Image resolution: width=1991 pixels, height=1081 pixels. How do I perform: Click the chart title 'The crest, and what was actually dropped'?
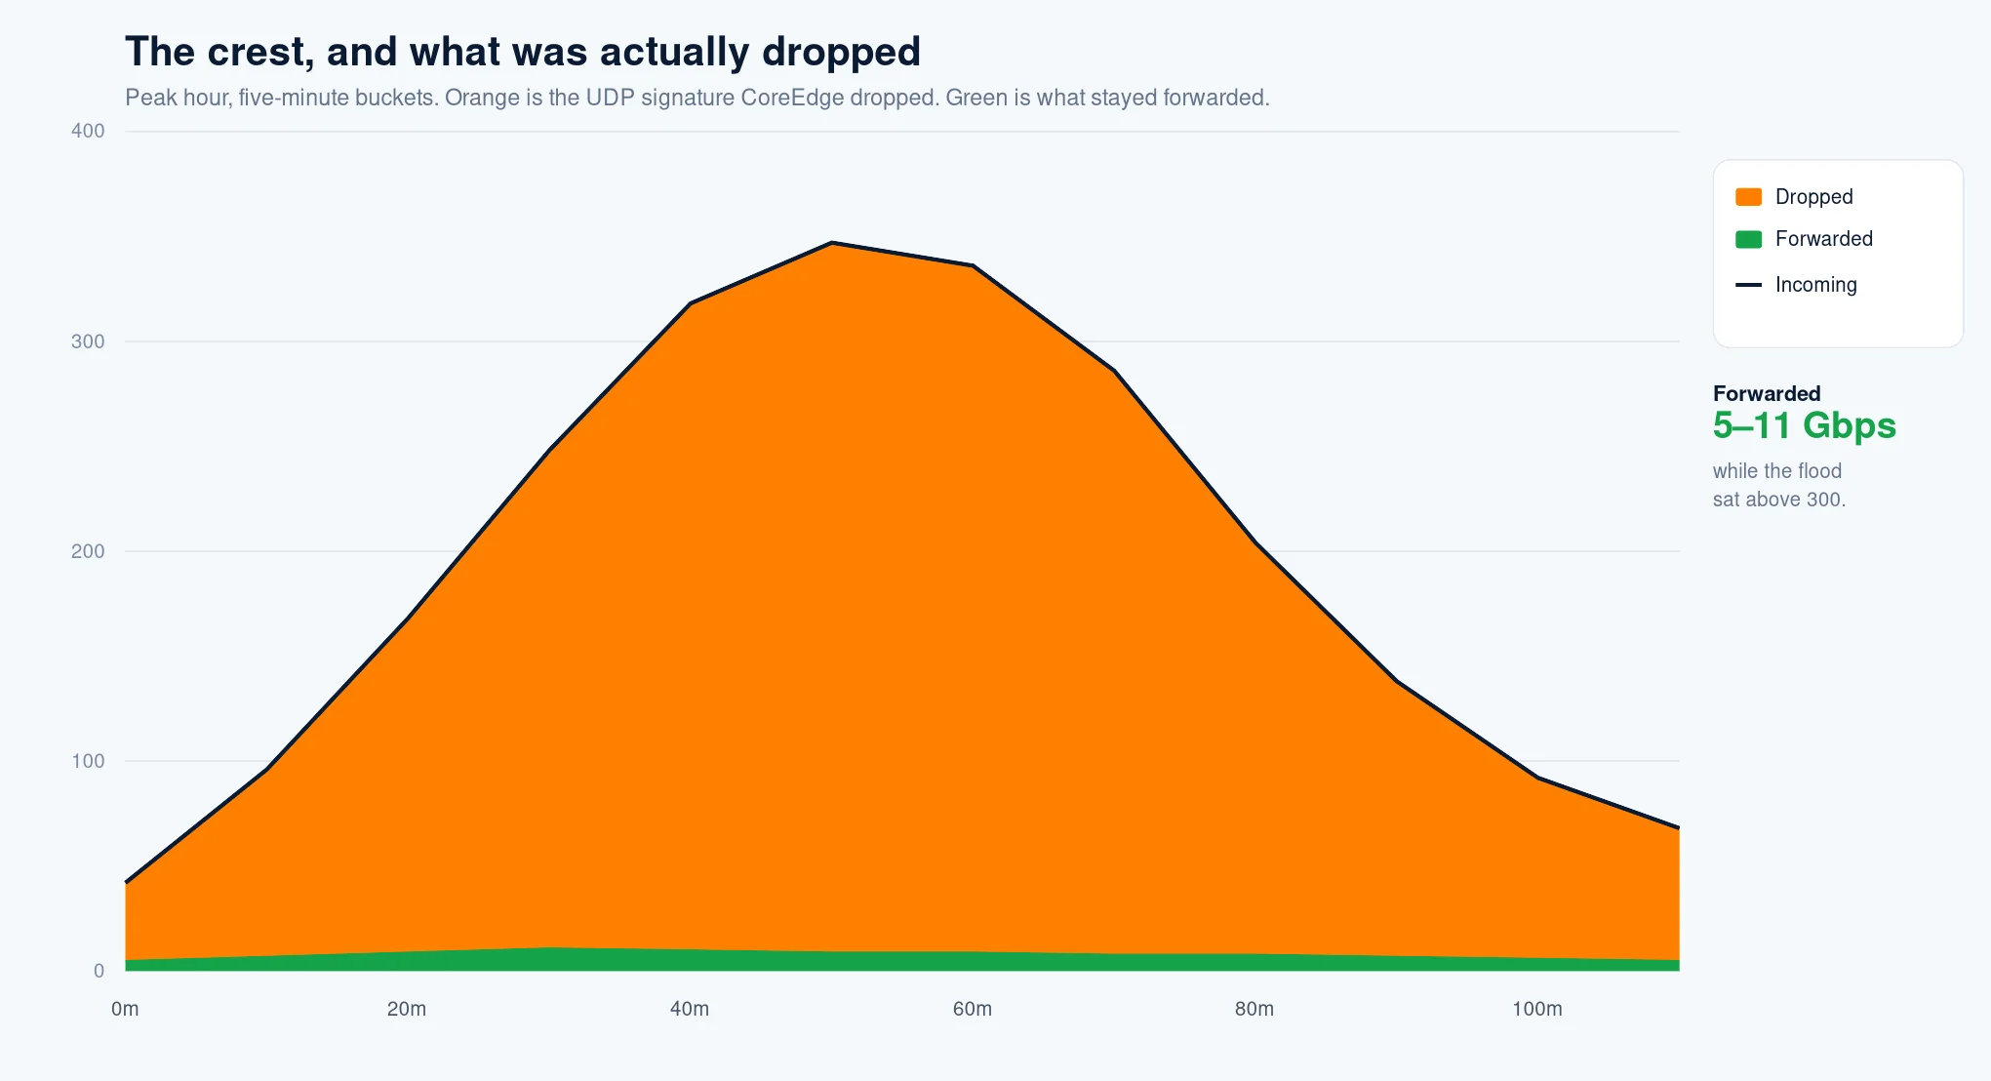(523, 53)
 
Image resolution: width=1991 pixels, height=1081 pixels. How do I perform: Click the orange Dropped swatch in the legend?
(1748, 197)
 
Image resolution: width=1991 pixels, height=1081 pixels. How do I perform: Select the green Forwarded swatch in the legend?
(1748, 239)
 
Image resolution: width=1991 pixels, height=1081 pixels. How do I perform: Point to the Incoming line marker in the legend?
(1748, 285)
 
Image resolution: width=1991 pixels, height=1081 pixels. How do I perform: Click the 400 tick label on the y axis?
(88, 131)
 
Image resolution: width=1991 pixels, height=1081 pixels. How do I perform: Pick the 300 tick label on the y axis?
(88, 341)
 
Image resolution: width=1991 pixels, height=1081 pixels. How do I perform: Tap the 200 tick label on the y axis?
(88, 551)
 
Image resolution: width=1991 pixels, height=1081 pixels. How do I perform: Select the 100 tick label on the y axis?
(88, 761)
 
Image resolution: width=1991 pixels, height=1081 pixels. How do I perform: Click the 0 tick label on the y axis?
(99, 971)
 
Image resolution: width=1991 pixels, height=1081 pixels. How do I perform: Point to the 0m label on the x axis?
(125, 1009)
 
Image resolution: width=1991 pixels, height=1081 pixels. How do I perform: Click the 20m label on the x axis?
(407, 1009)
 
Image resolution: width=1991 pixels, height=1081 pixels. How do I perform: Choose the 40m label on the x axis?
(690, 1009)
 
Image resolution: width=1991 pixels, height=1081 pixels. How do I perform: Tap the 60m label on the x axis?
(973, 1009)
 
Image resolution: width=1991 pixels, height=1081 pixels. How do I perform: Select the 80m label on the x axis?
(1254, 1009)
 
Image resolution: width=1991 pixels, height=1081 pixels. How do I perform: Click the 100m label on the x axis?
(1537, 1009)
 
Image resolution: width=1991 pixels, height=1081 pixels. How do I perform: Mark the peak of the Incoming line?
(831, 242)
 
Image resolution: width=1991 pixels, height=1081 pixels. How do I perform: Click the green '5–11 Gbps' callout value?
(1805, 425)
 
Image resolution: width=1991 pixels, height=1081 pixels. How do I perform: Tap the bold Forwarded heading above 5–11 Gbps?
(1767, 393)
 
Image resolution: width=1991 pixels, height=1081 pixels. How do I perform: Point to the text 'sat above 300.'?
(1779, 500)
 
